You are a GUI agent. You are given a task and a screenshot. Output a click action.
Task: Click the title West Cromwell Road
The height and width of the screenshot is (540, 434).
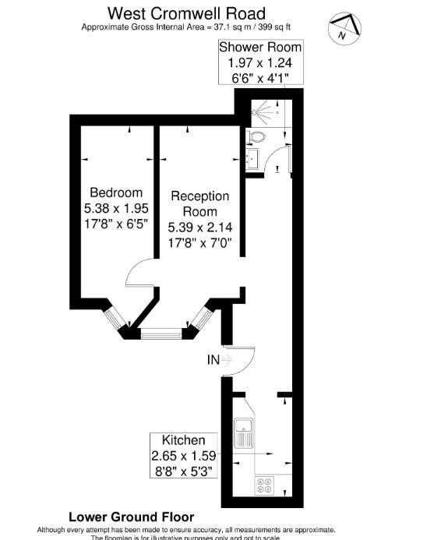(x=185, y=12)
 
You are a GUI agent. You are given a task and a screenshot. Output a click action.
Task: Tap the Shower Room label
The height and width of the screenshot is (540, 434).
(x=259, y=47)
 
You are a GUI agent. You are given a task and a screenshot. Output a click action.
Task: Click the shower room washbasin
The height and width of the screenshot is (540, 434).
(x=252, y=159)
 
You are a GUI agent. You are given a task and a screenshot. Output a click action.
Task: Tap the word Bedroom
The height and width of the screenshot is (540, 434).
(x=116, y=192)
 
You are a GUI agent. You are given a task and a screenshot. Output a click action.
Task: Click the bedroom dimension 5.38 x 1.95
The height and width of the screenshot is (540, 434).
(x=116, y=208)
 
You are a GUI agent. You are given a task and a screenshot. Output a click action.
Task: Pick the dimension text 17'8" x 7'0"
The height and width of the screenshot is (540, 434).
(x=200, y=242)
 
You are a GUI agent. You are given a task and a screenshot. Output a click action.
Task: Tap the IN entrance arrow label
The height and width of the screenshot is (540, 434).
(x=214, y=359)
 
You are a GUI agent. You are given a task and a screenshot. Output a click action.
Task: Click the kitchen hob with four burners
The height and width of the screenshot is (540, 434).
(x=263, y=484)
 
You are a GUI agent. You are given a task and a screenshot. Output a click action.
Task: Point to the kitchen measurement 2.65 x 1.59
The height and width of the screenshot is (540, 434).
(x=183, y=455)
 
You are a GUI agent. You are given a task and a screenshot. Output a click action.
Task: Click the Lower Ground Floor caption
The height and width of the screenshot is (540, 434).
(x=131, y=517)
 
